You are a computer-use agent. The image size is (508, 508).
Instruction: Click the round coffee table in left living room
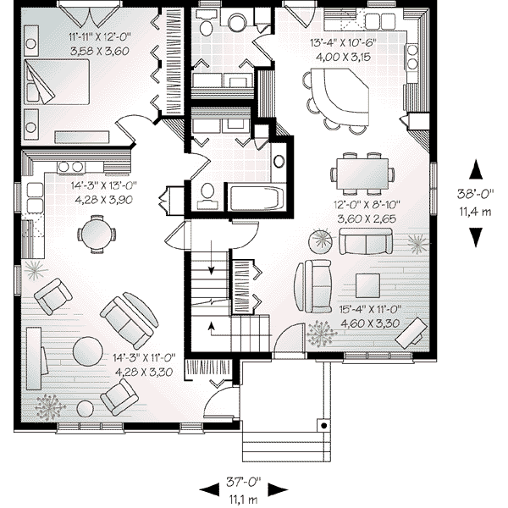[88, 349]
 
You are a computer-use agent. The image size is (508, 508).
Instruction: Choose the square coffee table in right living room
[367, 286]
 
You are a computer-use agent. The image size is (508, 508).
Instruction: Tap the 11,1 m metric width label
[243, 497]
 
